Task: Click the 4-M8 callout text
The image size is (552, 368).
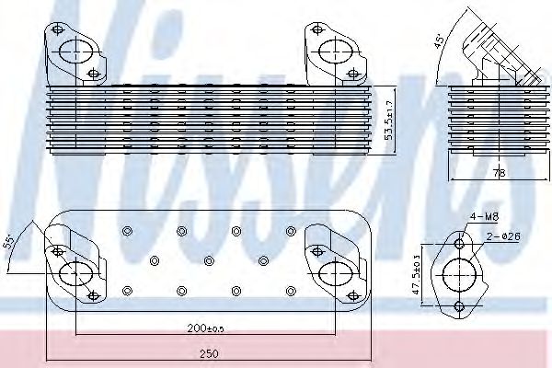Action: (485, 218)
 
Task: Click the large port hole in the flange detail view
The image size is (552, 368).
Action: (461, 276)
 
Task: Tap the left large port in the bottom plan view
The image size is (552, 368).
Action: (74, 272)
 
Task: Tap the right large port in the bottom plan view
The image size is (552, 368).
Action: (330, 272)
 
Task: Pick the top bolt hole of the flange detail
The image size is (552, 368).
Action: (461, 245)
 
